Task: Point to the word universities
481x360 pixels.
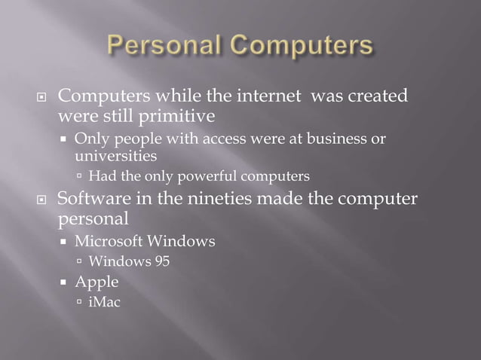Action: pyautogui.click(x=115, y=157)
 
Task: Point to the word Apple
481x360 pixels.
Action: pyautogui.click(x=97, y=282)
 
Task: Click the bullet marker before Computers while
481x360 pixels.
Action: pyautogui.click(x=43, y=97)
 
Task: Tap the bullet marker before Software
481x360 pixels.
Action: pyautogui.click(x=43, y=201)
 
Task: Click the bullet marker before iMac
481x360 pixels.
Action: pyautogui.click(x=80, y=304)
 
